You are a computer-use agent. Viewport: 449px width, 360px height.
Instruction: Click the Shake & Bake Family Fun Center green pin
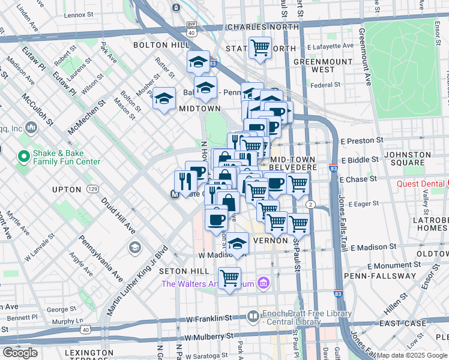[x=24, y=157]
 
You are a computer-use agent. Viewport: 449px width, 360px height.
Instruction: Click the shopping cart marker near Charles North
[x=260, y=47]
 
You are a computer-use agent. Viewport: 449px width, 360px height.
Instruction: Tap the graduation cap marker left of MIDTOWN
[x=163, y=99]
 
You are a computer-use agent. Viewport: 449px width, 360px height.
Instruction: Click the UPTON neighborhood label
[x=67, y=189]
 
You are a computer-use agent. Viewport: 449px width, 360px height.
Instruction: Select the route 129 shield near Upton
[x=92, y=189]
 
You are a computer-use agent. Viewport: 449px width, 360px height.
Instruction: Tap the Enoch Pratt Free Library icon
[x=253, y=316]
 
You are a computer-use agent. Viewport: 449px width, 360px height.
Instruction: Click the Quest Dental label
[x=422, y=184]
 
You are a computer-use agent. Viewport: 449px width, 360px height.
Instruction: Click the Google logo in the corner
[x=20, y=353]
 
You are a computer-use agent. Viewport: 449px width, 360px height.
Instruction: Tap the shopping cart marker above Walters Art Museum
[x=229, y=278]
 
